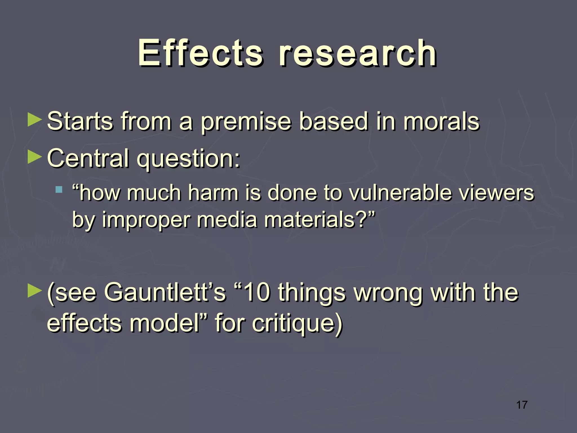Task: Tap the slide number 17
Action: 522,405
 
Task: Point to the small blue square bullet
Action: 59,189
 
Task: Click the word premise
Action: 246,122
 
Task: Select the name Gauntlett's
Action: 165,292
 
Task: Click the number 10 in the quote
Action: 254,292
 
